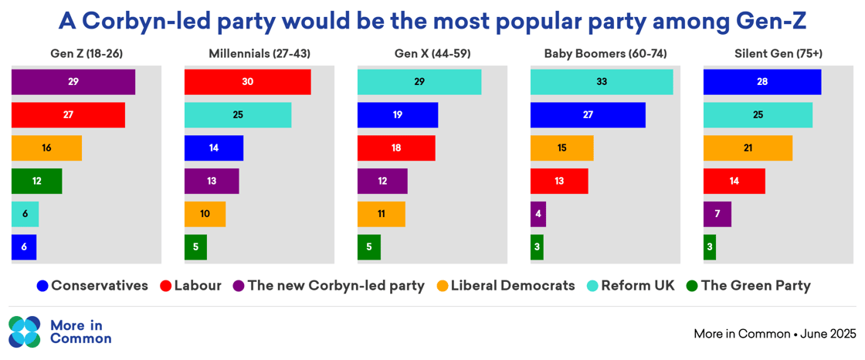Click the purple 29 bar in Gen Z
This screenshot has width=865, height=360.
(73, 82)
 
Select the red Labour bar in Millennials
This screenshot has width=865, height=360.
(247, 82)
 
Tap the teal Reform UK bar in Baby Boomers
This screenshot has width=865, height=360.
(602, 82)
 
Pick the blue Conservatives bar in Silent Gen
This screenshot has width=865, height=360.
(762, 82)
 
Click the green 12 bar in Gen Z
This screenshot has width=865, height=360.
(36, 181)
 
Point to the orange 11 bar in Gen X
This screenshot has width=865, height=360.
(381, 214)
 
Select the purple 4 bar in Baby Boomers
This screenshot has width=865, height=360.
(538, 214)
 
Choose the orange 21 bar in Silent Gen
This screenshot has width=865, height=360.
(748, 148)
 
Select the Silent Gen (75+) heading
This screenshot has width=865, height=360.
(778, 54)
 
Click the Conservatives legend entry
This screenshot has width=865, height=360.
(92, 286)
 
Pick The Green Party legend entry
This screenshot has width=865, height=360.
(748, 286)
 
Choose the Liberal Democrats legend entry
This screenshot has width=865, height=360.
(506, 286)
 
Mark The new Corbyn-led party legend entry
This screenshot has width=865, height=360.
(328, 286)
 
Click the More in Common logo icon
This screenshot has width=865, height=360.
(25, 332)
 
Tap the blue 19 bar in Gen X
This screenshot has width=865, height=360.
(397, 115)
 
